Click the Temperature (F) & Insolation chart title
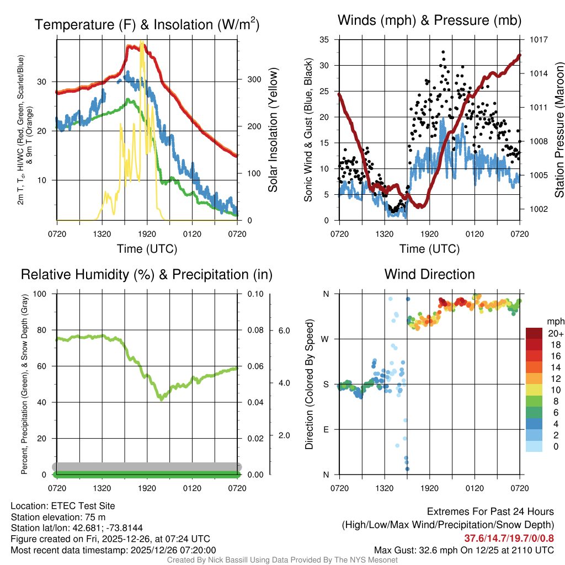(147, 24)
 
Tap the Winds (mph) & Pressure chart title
(429, 20)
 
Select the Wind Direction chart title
(429, 274)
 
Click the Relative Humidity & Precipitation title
(146, 274)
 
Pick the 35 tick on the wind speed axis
(324, 40)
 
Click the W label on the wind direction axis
(326, 339)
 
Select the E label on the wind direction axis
(326, 429)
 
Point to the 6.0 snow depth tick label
(282, 331)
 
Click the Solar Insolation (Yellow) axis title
(273, 130)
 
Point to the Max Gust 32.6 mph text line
(463, 550)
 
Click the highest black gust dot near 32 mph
(443, 52)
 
